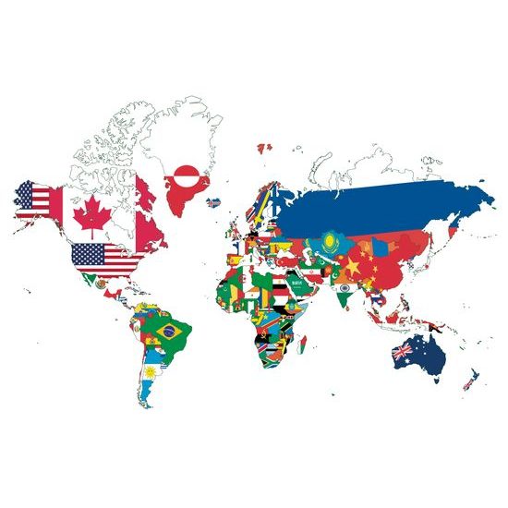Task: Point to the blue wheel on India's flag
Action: coord(343,289)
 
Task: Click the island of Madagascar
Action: coord(298,353)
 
